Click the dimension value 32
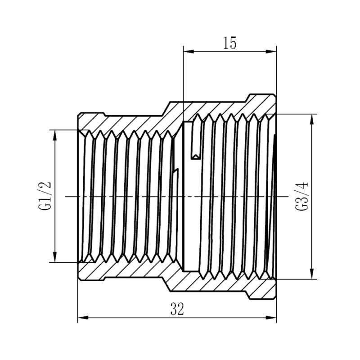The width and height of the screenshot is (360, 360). [x=177, y=309]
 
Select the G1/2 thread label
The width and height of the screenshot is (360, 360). [x=45, y=196]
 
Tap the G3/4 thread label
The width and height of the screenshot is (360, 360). [x=301, y=196]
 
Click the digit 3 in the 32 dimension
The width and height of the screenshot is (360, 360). [x=174, y=309]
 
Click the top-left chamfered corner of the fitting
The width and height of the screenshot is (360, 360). [x=79, y=114]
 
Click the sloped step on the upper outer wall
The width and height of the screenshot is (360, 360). [x=166, y=107]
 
